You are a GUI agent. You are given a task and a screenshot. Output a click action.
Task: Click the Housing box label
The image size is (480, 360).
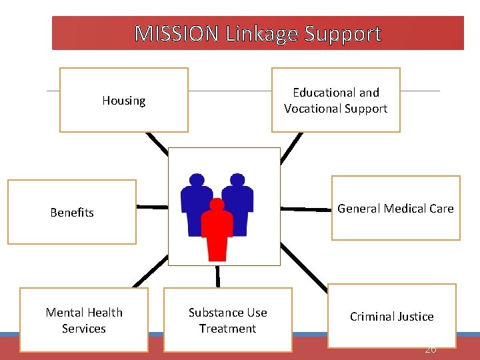coord(124,101)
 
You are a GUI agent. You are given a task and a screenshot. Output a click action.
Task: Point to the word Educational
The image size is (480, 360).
coord(336,93)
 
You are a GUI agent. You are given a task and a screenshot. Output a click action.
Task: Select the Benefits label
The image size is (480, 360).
coord(72,213)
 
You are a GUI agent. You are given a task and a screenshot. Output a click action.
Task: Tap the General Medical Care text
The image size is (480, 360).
coord(395,209)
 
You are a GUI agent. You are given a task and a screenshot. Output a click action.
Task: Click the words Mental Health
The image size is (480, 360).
coord(84,313)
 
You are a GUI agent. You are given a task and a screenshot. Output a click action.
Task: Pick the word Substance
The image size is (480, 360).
coord(211,313)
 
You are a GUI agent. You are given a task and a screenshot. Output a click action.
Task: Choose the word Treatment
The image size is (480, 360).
coord(227,329)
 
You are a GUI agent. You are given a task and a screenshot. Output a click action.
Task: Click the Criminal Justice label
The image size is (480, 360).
coord(392,317)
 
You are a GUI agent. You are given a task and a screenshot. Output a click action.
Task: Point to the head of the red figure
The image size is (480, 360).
coord(217,205)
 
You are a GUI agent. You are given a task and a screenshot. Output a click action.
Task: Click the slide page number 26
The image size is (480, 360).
coord(430,349)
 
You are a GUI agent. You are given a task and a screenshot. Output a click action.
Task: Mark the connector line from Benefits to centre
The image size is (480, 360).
coord(152,207)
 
